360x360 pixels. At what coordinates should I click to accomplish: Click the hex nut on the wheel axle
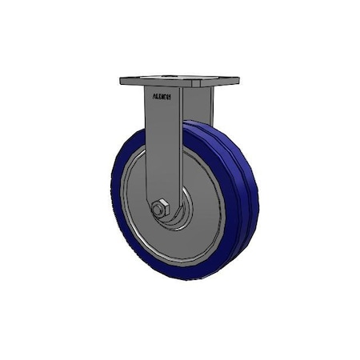pos(159,210)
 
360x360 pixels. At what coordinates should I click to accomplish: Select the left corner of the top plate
pos(122,82)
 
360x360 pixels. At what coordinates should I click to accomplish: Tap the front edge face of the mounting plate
pos(160,86)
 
